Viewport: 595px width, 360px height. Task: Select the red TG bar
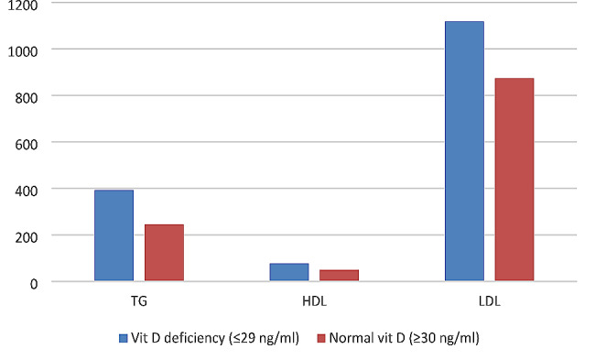[164, 252]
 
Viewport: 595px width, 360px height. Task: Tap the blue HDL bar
[288, 271]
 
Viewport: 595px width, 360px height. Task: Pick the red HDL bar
[339, 275]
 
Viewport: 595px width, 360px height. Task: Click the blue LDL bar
[464, 151]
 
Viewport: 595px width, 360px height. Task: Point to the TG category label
[139, 300]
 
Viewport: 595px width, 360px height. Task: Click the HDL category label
[314, 300]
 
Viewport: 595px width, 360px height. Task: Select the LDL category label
[489, 300]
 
